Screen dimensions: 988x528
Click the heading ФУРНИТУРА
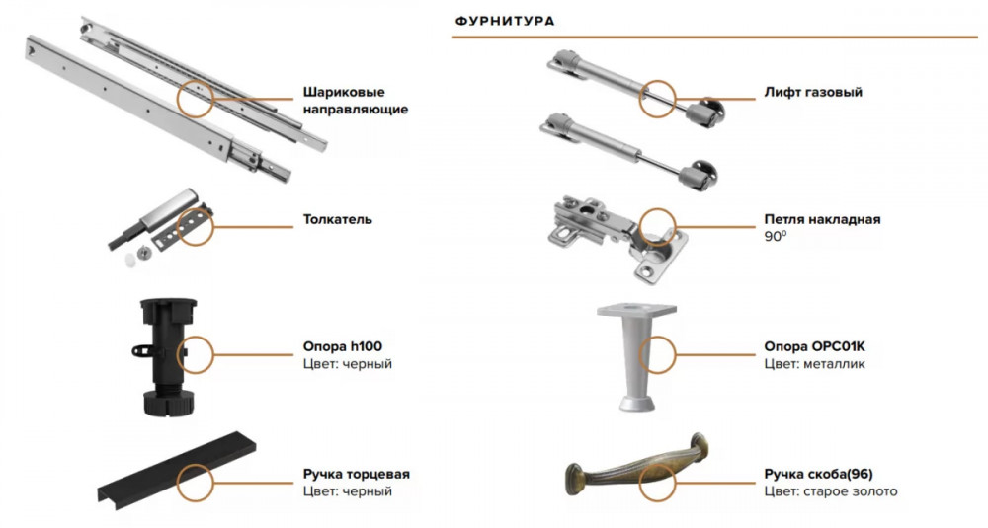(505, 21)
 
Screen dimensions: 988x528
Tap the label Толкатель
(338, 220)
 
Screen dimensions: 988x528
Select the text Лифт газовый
(813, 92)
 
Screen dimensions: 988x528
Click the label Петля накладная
(822, 220)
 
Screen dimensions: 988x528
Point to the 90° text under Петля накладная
(776, 237)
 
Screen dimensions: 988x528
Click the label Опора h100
(343, 346)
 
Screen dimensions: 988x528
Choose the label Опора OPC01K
(815, 346)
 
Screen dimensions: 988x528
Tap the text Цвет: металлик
(815, 364)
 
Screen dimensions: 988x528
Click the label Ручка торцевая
(357, 474)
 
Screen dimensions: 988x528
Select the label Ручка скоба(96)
(818, 474)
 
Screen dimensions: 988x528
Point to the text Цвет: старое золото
(831, 491)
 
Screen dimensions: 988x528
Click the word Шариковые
(344, 93)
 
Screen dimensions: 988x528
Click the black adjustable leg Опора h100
(168, 357)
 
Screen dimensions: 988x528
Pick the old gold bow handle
(636, 468)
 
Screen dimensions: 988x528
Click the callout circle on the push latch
(196, 227)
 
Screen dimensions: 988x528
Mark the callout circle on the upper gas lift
(657, 99)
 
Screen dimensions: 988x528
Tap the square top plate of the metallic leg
(636, 310)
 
